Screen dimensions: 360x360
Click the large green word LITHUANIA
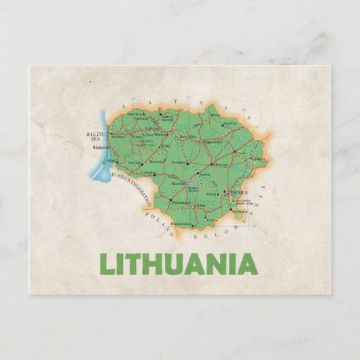(x=178, y=263)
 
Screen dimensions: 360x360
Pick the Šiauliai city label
(x=162, y=134)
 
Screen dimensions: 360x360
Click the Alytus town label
(x=200, y=206)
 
